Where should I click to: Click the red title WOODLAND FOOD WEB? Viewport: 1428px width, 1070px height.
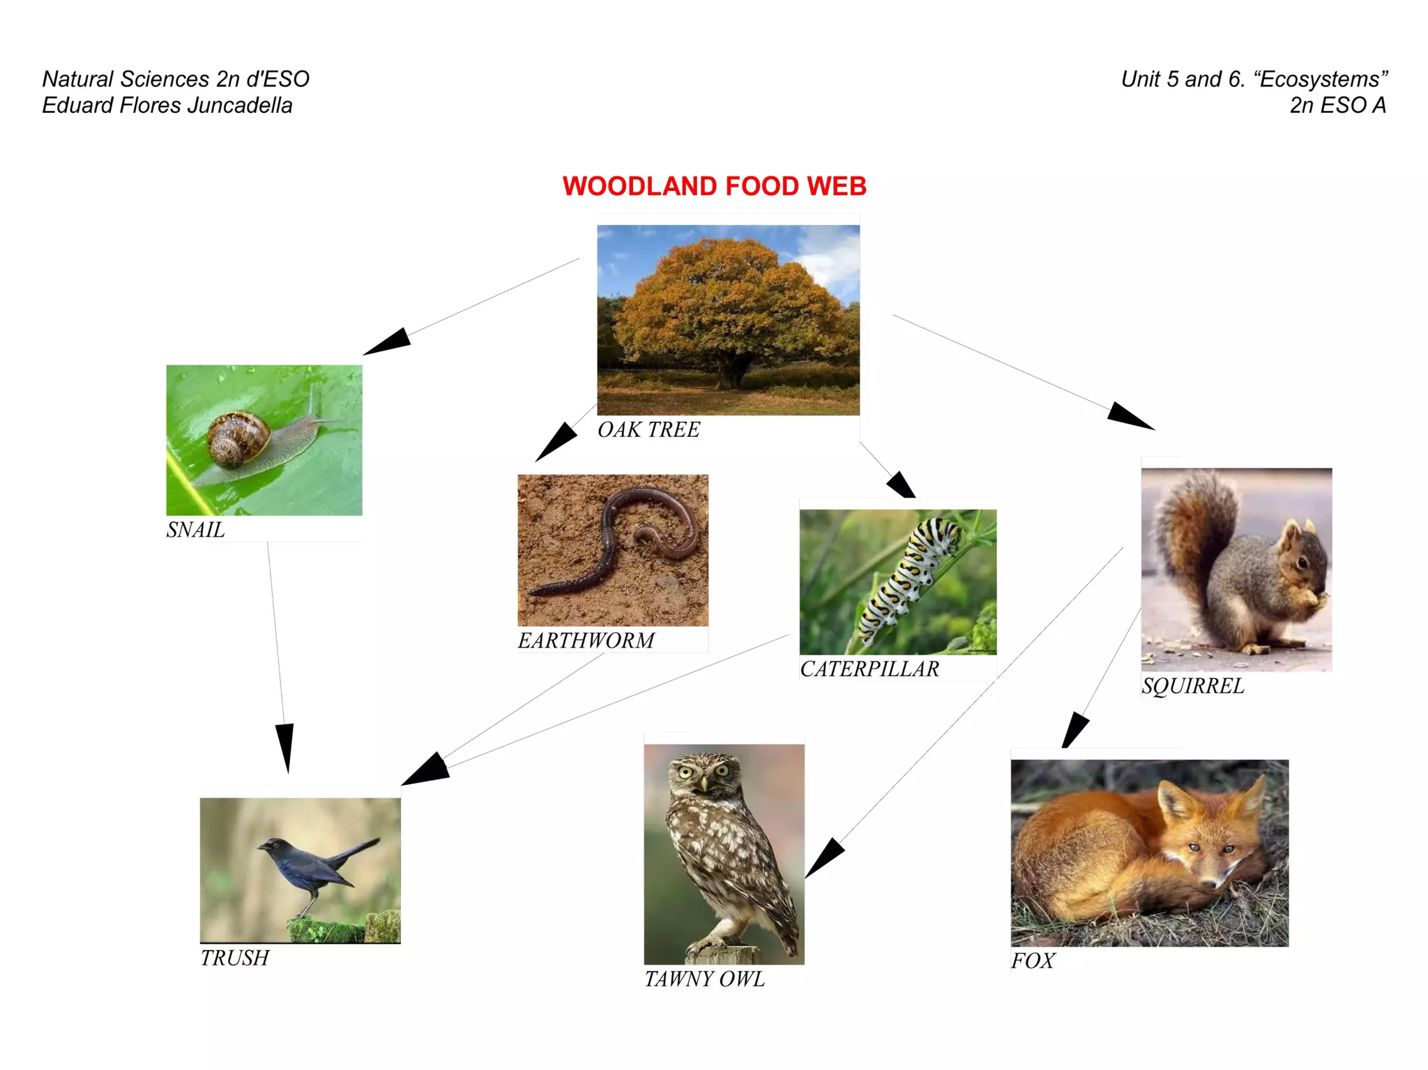click(x=714, y=186)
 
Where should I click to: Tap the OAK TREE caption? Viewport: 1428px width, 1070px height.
click(x=648, y=429)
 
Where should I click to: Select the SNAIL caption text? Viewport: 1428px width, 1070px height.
click(x=195, y=530)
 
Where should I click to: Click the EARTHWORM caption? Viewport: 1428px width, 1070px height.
click(x=586, y=640)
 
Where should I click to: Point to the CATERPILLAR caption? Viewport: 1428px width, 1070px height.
click(x=869, y=668)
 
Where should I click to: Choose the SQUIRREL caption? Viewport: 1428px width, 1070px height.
click(x=1192, y=686)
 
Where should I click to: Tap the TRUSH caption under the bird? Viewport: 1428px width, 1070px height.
click(x=234, y=958)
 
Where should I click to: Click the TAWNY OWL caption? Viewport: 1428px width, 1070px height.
click(x=704, y=979)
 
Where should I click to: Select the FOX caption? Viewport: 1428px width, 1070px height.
click(x=1033, y=961)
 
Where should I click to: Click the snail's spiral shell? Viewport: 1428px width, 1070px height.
click(x=237, y=437)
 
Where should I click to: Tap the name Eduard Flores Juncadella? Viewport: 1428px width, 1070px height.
click(x=167, y=105)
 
